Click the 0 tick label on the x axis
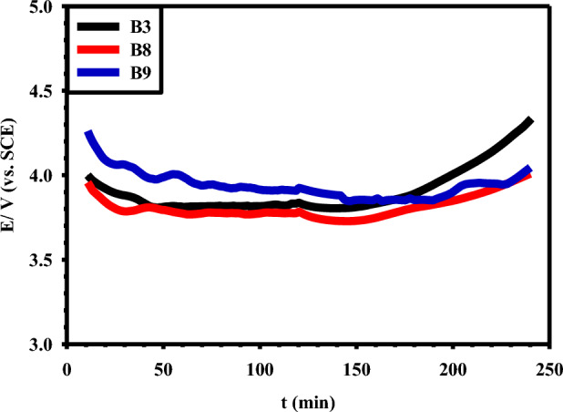[67, 370]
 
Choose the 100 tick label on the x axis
[260, 370]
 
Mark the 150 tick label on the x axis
[356, 370]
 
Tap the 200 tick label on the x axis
[453, 370]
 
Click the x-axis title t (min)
[307, 399]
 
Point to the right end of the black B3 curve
[529, 121]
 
